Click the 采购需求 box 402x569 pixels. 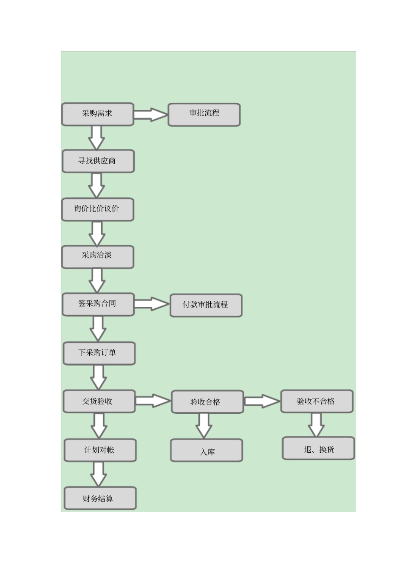pyautogui.click(x=98, y=114)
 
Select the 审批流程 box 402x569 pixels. pyautogui.click(x=204, y=115)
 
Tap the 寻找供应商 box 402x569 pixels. pyautogui.click(x=98, y=161)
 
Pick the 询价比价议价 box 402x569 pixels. pyautogui.click(x=98, y=209)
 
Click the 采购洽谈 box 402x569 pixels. pyautogui.click(x=98, y=257)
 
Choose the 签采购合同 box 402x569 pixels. pyautogui.click(x=98, y=305)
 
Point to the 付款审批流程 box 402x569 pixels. pyautogui.click(x=206, y=305)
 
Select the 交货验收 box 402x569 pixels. pyautogui.click(x=99, y=401)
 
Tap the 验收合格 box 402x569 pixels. pyautogui.click(x=207, y=402)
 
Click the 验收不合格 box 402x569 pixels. pyautogui.click(x=317, y=401)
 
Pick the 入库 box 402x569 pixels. pyautogui.click(x=207, y=451)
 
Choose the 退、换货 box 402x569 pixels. pyautogui.click(x=318, y=448)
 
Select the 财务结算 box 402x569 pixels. pyautogui.click(x=100, y=498)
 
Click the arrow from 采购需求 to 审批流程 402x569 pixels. pyautogui.click(x=151, y=115)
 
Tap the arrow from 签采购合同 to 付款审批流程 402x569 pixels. pyautogui.click(x=151, y=304)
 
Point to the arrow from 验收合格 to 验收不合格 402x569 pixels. pyautogui.click(x=262, y=401)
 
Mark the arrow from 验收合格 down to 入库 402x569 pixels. pyautogui.click(x=204, y=425)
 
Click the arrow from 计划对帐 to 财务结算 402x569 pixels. pyautogui.click(x=99, y=474)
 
